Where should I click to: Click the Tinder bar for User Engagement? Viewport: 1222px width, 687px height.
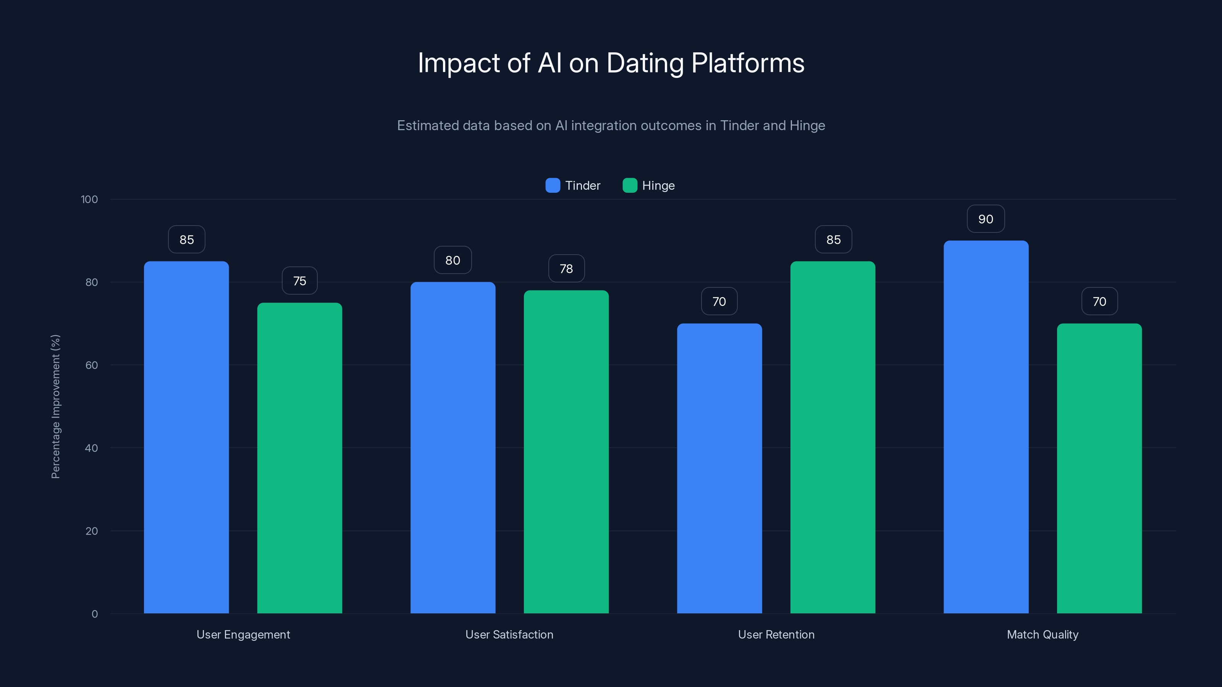[x=186, y=437]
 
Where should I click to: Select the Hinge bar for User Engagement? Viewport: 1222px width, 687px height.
[x=299, y=458]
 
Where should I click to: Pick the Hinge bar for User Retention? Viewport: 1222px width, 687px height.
[x=832, y=437]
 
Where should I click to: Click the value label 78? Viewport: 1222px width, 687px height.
[x=566, y=269]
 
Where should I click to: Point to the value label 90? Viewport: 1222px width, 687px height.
[x=986, y=219]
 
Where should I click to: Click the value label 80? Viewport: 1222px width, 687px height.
[x=453, y=260]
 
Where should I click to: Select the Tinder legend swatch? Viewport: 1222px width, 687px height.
[x=553, y=185]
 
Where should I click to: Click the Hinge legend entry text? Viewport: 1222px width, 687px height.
[x=658, y=185]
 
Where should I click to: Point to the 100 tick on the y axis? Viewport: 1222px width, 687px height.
[x=89, y=199]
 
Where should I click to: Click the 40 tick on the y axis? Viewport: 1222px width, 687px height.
[x=91, y=448]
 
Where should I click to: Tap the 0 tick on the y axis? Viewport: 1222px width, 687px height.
[x=94, y=614]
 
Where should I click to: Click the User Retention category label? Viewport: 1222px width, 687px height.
[x=776, y=634]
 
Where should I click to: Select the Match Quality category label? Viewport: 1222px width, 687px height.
[x=1042, y=634]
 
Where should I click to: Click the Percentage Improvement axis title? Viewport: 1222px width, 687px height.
[x=55, y=406]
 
